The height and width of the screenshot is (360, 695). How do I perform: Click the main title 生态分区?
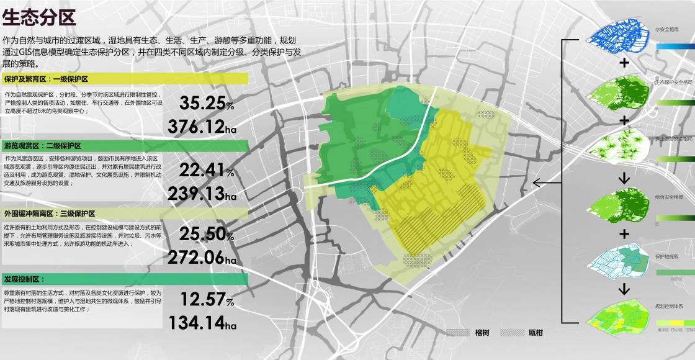coord(39,17)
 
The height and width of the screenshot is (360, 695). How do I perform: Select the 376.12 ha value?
coord(202,127)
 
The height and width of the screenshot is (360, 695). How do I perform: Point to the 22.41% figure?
coord(207,169)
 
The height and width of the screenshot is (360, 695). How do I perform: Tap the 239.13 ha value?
coord(202,194)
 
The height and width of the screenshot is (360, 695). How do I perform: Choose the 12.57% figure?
coord(207,299)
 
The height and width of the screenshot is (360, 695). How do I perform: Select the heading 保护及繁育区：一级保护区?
coord(47,79)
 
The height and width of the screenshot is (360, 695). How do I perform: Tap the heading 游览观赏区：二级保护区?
coord(43,146)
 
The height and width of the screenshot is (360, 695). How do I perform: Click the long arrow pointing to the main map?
coord(547,182)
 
